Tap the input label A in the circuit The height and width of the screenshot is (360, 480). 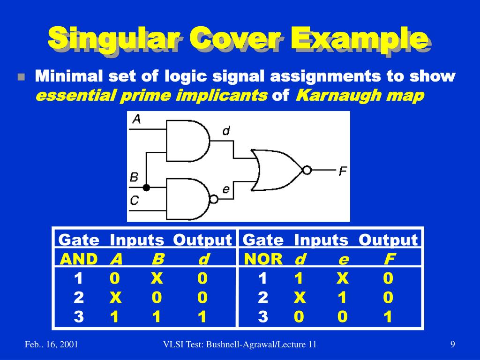[136, 119]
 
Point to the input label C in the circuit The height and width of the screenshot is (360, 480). [135, 201]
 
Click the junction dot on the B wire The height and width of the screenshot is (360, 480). [146, 187]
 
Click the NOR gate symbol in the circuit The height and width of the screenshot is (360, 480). [277, 170]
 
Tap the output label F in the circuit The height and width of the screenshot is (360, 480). [343, 171]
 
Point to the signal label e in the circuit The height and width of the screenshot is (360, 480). [226, 189]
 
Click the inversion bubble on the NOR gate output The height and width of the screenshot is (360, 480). [307, 170]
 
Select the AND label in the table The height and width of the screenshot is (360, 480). [79, 259]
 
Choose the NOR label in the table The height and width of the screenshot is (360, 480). [263, 259]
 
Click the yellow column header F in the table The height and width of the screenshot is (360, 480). [389, 259]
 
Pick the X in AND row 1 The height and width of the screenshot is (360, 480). [157, 279]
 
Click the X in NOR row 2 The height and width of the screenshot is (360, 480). [300, 298]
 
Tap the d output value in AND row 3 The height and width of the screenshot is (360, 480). [202, 317]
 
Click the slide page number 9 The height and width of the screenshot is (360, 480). [452, 345]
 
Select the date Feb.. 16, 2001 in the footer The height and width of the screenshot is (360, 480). [51, 345]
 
